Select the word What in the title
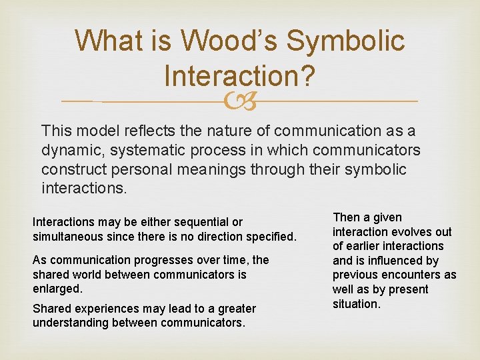pos(107,41)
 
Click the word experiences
pos(97,309)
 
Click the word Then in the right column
pos(346,217)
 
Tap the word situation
pos(356,304)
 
